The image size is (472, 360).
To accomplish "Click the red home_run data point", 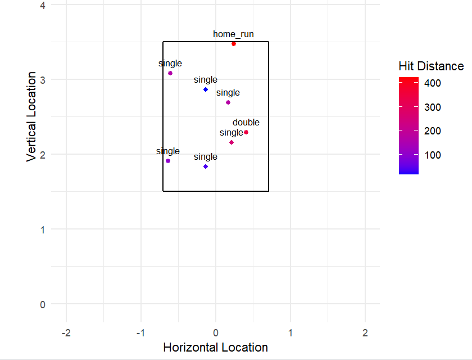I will click(234, 44).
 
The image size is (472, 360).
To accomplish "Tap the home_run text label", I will click(233, 34).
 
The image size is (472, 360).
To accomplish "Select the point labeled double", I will click(246, 132).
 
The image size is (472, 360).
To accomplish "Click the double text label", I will click(246, 123).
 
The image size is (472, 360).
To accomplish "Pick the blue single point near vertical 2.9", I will click(206, 89).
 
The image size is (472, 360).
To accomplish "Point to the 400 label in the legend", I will click(432, 83).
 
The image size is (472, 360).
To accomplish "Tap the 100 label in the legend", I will click(432, 155).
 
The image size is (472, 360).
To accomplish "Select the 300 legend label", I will click(432, 107).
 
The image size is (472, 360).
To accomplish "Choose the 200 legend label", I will click(432, 131).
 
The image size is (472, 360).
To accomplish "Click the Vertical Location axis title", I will click(32, 117).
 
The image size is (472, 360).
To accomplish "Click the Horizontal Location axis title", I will click(215, 348).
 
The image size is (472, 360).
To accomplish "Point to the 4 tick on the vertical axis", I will click(43, 5).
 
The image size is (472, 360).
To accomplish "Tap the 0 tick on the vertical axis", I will click(43, 304).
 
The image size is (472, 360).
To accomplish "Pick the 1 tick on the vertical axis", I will click(43, 229).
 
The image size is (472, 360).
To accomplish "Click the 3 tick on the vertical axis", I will click(43, 80).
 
